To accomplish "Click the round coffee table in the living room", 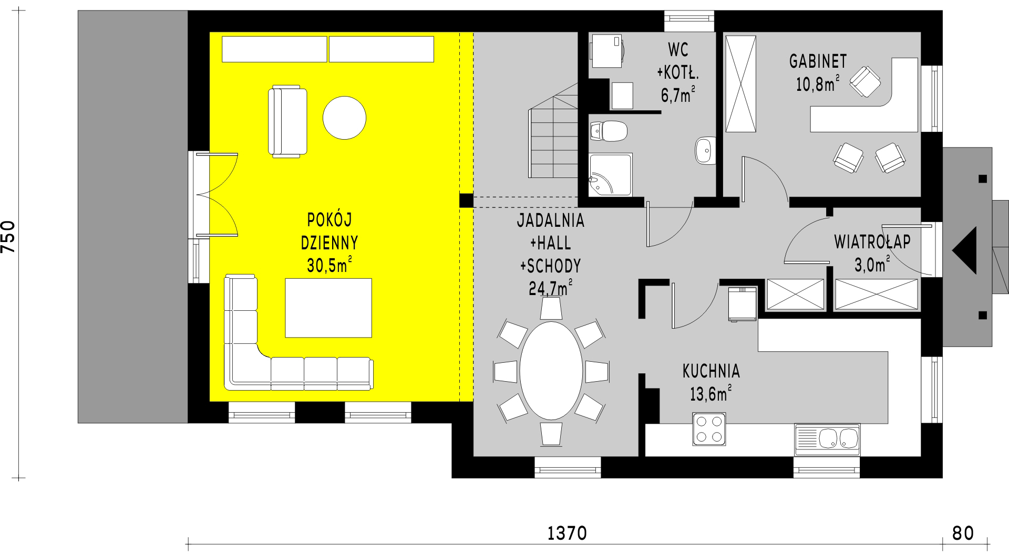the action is tap(344, 118).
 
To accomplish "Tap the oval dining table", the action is tap(551, 371).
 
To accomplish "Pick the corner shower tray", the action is tap(610, 175).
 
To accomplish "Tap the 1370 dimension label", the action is tap(567, 533).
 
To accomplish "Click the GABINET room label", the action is tap(818, 61).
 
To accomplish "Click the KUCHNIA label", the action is tap(711, 371).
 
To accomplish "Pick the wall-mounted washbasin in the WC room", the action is tap(704, 151).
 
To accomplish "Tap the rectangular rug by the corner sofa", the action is tap(328, 308).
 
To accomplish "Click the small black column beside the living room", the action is tap(466, 201).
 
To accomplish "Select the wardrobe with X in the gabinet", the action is tap(740, 84).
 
